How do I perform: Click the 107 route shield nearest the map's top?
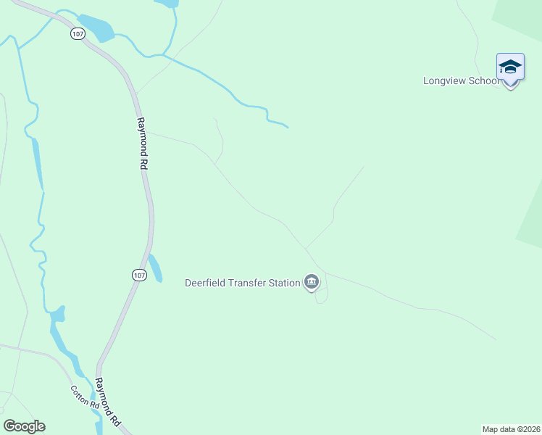coord(78,34)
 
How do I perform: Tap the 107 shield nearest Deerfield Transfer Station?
coord(139,275)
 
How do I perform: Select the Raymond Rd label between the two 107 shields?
coord(142,144)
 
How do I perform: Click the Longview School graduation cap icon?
coord(510,68)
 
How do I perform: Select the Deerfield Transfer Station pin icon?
coord(312,281)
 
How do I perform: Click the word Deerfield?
coord(209,283)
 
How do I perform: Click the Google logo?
coord(24,426)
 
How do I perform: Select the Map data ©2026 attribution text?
coord(512,429)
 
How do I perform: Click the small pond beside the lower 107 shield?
coord(155,268)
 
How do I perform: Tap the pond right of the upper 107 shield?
coord(96,27)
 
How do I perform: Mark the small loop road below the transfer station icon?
coord(322,295)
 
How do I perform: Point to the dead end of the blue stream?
coord(288,128)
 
